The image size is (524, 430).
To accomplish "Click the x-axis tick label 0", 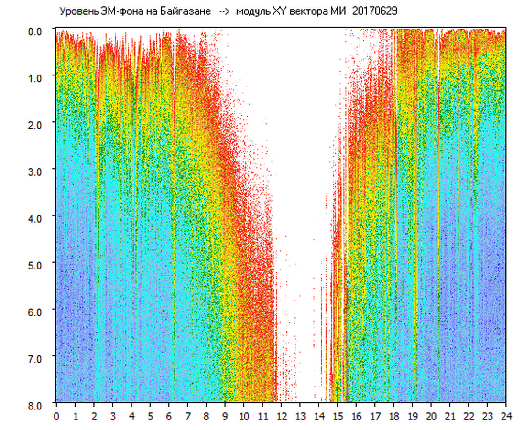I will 56,416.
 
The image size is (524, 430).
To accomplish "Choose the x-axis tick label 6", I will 169,416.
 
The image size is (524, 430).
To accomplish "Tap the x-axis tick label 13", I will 300,416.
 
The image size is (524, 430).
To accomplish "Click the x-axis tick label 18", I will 393,416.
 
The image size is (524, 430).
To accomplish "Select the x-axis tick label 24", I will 506,416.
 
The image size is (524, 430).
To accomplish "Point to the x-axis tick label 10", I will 244,416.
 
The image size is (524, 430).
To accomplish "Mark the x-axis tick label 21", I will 450,416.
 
